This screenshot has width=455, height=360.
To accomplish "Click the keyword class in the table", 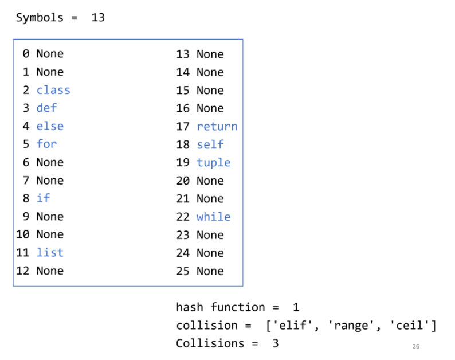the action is pos(53,90).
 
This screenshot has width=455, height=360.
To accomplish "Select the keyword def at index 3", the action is pos(46,108).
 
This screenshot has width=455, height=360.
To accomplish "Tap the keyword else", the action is pos(50,126).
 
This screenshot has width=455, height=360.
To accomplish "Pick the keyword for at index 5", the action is pos(46,144).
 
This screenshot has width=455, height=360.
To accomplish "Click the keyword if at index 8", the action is pos(43,198).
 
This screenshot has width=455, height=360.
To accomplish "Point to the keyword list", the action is pos(50,252).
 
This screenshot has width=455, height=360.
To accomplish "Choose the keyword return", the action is pos(217,126).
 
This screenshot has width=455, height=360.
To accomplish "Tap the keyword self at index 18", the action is pos(210,144).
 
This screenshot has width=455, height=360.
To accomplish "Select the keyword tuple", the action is pos(213,162).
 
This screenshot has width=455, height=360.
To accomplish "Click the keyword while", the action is pos(213,217).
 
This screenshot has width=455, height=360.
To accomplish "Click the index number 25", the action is pos(183,271).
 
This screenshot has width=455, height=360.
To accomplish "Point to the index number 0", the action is pos(26,54).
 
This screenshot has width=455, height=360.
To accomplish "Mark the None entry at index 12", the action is pos(50,271).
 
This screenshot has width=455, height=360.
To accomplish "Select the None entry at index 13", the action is pos(210,54).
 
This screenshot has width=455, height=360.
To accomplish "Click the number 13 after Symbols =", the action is pos(98,17).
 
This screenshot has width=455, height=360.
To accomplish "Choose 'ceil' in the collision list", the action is pos(411,326).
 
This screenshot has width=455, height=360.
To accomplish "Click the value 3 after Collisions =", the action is pos(275,343).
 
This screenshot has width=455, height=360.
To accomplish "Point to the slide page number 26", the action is pos(415,346).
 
